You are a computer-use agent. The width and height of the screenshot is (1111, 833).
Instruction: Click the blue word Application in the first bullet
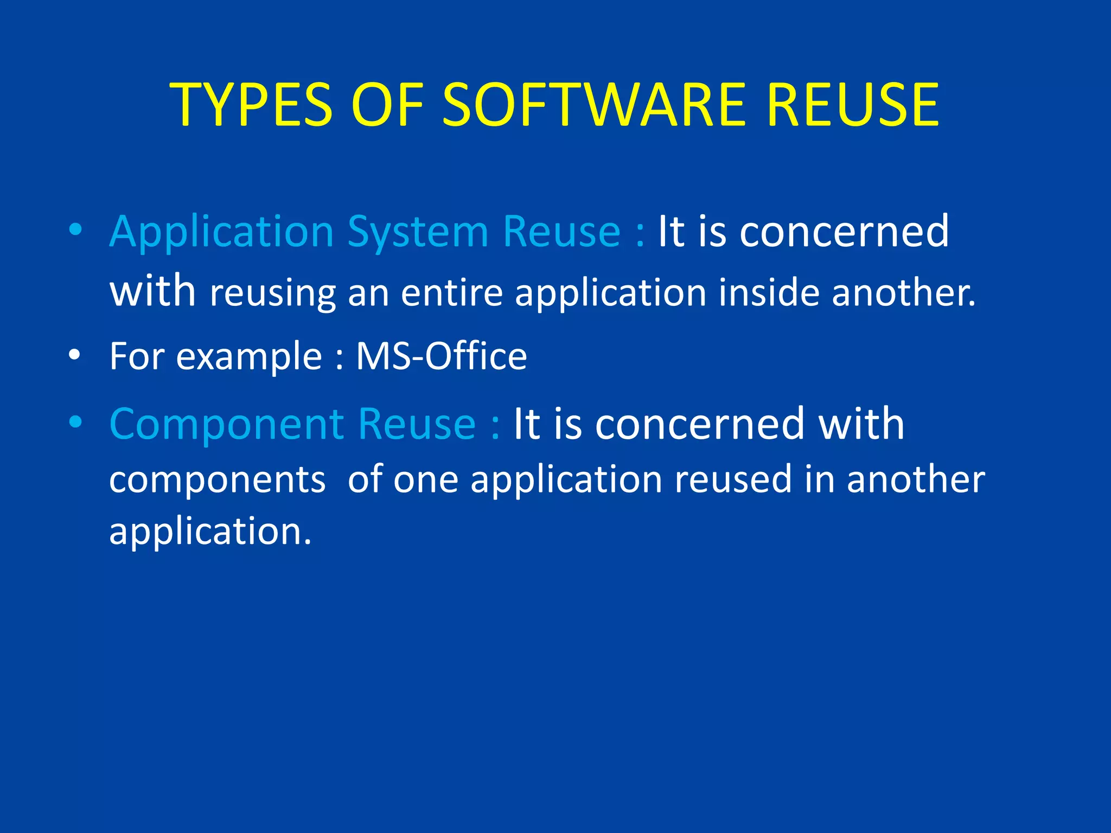(221, 232)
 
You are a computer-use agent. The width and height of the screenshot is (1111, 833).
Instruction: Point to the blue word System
(418, 232)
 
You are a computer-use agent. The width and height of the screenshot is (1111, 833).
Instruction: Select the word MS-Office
(441, 356)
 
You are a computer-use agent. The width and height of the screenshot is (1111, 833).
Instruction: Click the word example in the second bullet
(249, 357)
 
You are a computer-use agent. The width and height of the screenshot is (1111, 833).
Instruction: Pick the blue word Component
(226, 424)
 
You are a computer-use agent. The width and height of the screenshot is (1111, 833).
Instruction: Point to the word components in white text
(217, 480)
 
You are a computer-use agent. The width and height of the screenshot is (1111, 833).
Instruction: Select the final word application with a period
(210, 531)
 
